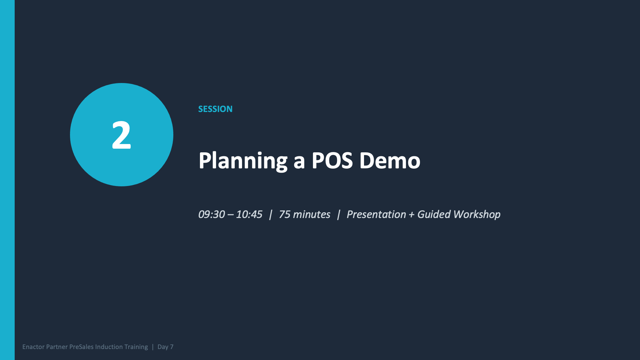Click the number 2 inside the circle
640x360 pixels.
121,135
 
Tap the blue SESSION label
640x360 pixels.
215,109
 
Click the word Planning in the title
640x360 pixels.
243,161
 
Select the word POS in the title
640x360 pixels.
332,161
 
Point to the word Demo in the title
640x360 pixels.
390,161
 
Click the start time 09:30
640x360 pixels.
211,214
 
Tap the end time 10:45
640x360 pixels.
249,214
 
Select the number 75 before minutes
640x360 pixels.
284,214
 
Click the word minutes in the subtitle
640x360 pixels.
311,214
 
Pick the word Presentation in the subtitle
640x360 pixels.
376,214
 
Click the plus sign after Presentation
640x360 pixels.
411,214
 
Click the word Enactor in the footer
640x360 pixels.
33,347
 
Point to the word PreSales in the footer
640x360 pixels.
81,347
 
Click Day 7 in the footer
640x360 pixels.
165,347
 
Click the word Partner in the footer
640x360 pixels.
57,347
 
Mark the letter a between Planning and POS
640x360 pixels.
299,161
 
